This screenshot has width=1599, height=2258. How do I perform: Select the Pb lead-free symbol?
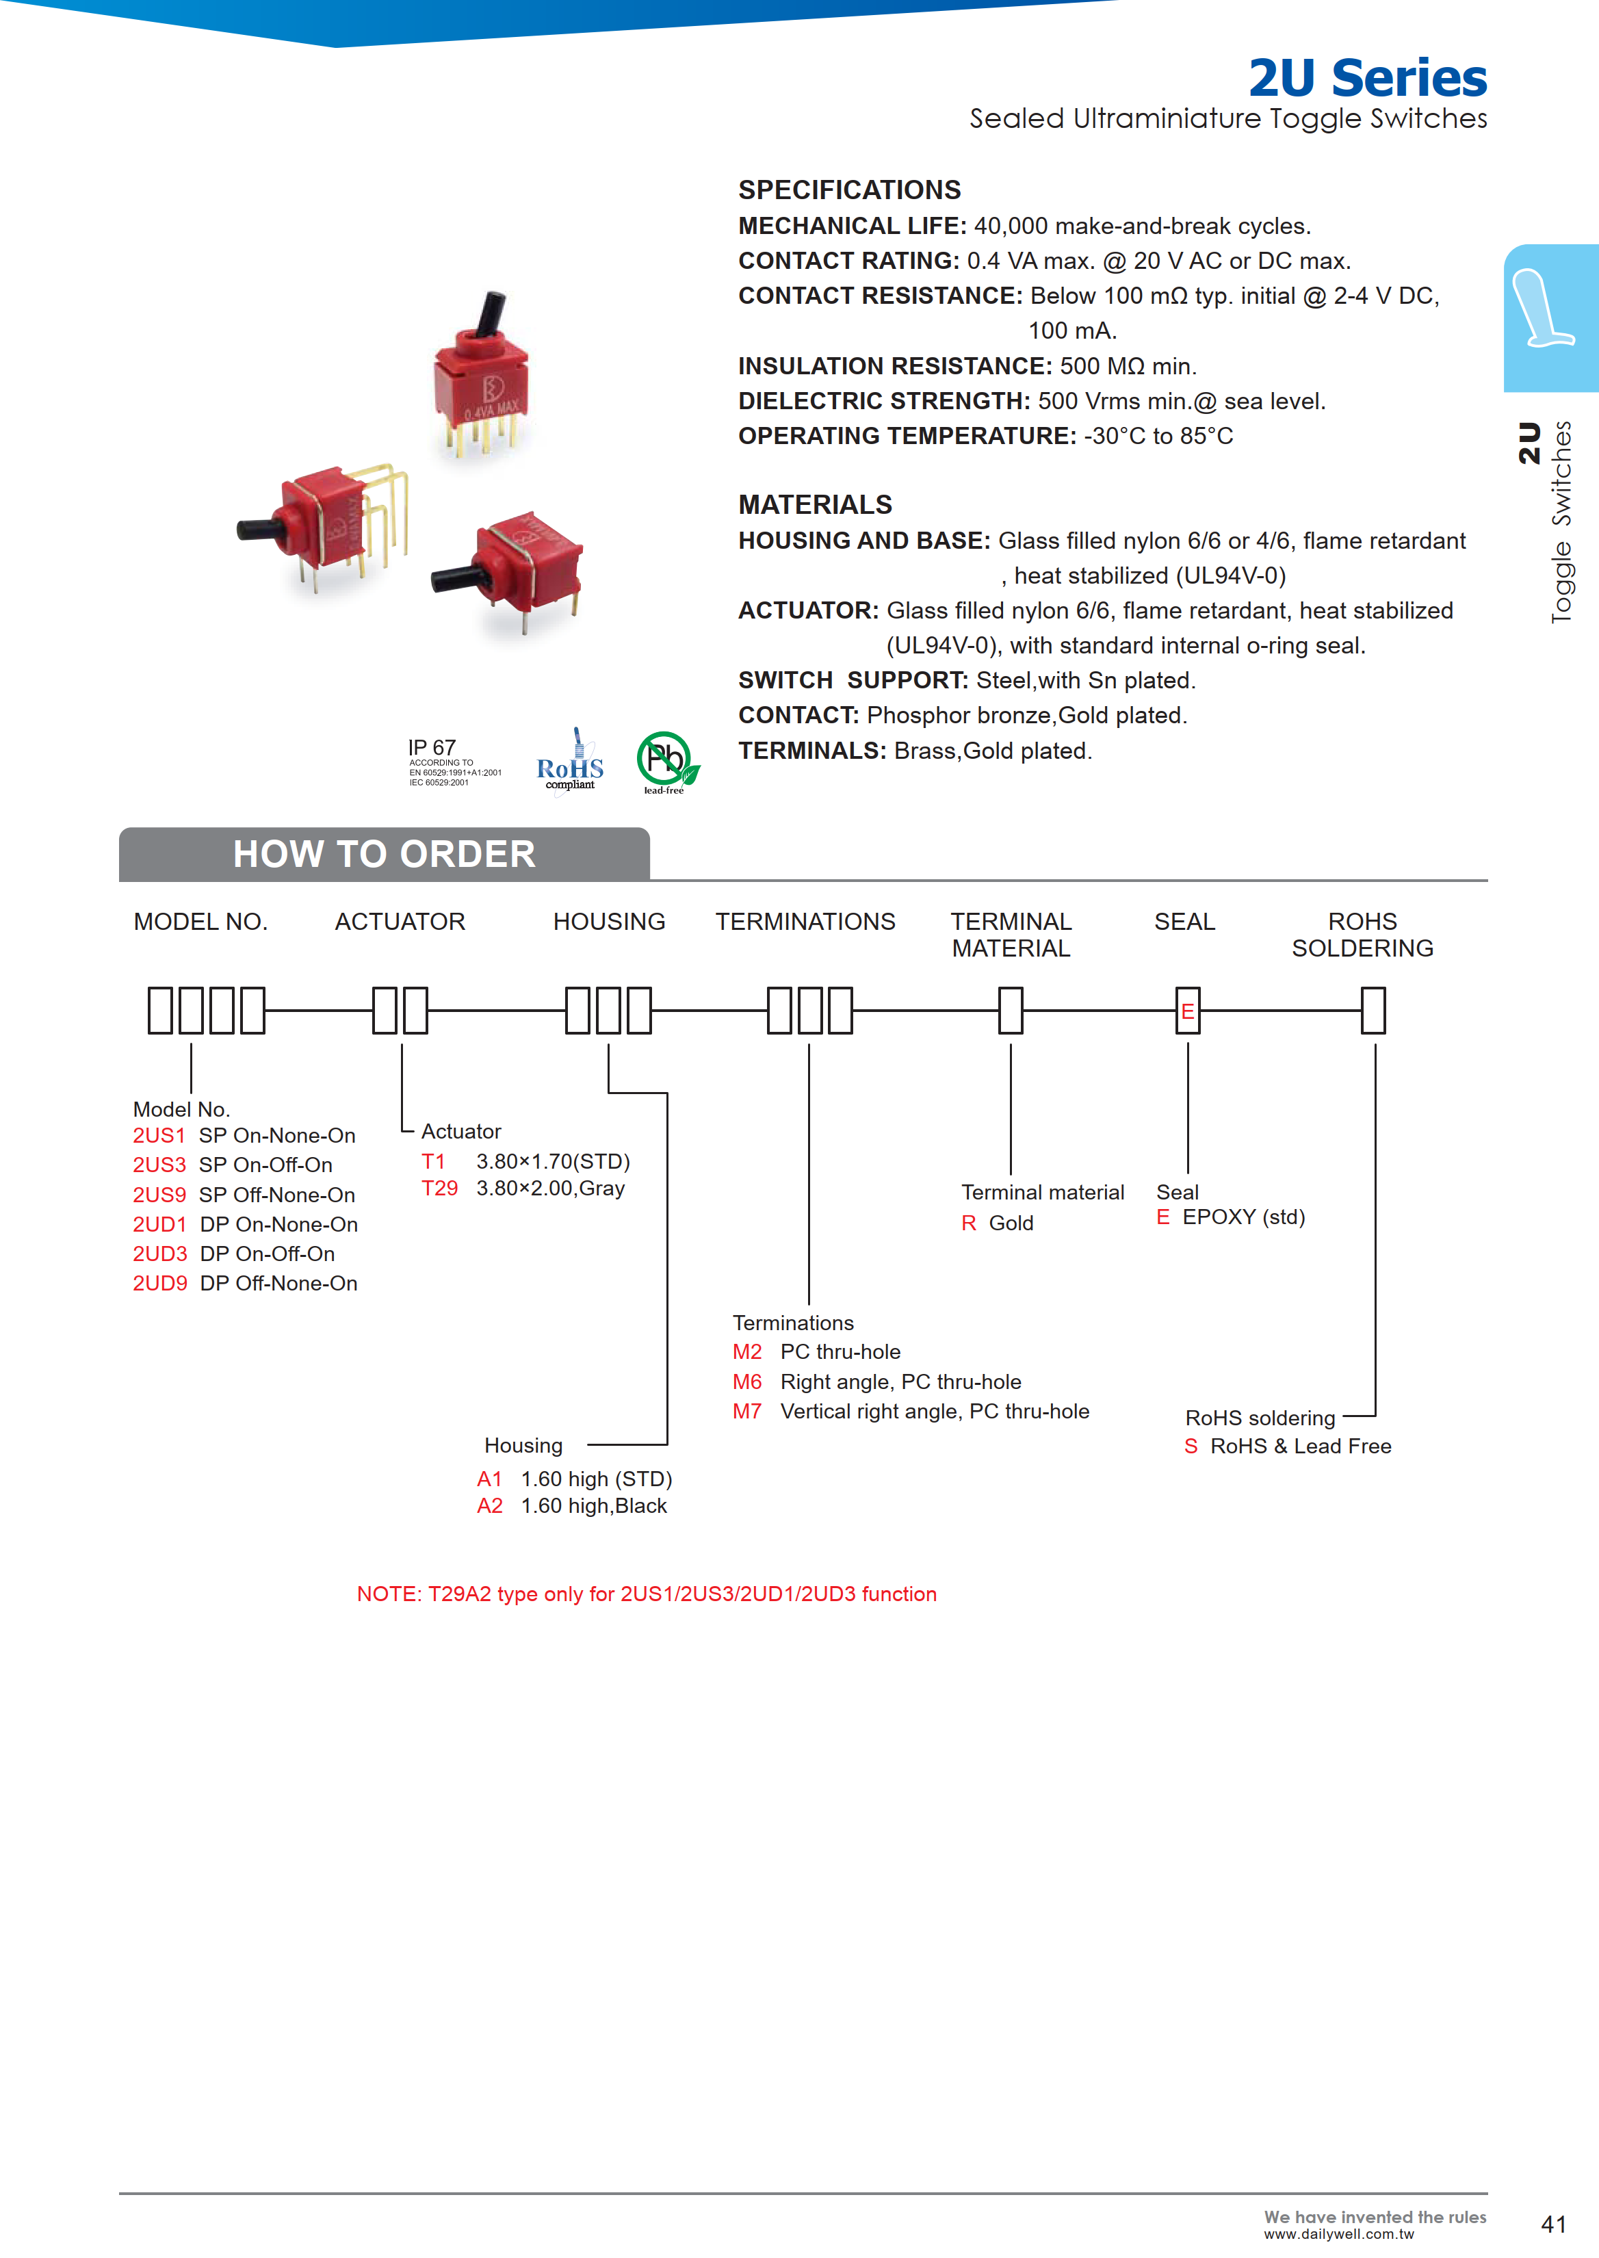tap(666, 760)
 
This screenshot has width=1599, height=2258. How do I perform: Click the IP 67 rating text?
tap(432, 747)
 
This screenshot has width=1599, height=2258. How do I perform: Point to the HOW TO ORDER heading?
tap(384, 854)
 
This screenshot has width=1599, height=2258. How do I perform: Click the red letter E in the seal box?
tap(1187, 1011)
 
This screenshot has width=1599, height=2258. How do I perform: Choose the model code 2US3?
tap(159, 1165)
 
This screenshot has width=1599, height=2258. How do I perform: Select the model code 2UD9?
tap(159, 1283)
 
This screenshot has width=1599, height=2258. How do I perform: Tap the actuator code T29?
tap(439, 1189)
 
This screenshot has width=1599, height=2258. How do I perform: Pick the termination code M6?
tap(747, 1381)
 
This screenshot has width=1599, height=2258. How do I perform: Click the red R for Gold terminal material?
tap(969, 1223)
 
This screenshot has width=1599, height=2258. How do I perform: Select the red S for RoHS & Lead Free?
tap(1191, 1446)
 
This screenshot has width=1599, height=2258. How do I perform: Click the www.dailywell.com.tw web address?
tap(1338, 2234)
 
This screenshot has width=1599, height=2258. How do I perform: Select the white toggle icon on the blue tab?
tap(1540, 309)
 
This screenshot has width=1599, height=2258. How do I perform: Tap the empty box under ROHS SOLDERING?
tap(1373, 1011)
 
